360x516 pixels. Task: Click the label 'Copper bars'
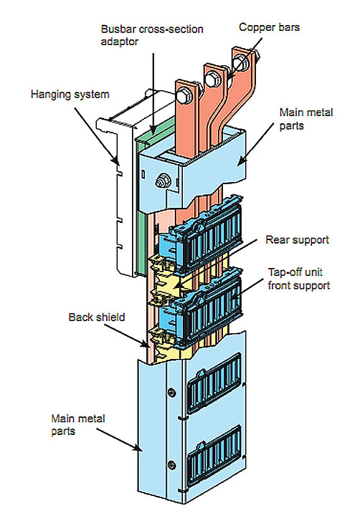pos(269,27)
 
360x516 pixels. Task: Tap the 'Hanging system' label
pos(70,95)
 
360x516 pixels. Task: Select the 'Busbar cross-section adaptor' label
pos(152,35)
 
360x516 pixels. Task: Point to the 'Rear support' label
pos(297,240)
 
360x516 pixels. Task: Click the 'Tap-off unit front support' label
pos(299,279)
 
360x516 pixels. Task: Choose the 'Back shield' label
pos(97,317)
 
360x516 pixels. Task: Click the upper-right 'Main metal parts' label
pos(306,119)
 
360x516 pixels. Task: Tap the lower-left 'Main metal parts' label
pos(78,425)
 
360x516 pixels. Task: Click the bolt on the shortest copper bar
pos(182,96)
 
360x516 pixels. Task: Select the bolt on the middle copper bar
pos(210,79)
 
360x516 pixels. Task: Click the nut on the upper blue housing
pos(162,181)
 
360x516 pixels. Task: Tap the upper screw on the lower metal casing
pos(171,392)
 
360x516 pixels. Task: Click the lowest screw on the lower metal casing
pos(171,465)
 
